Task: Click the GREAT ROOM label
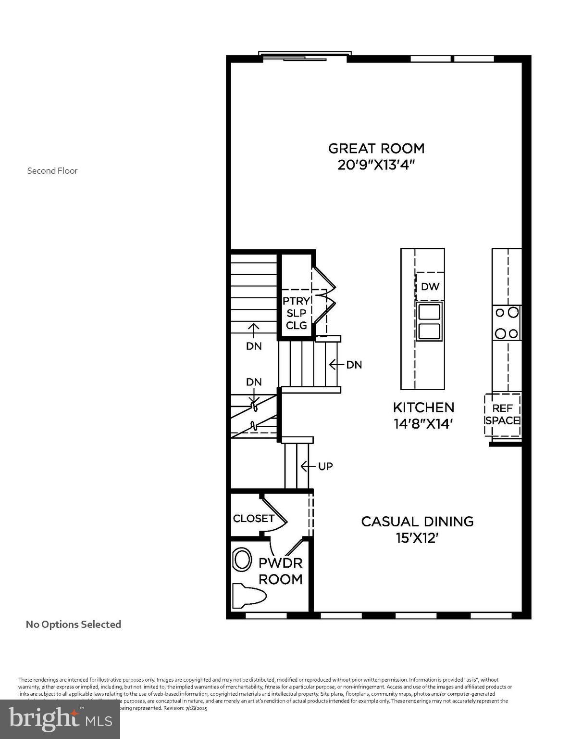point(376,148)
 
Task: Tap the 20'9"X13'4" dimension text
point(376,165)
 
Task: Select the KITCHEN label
point(423,408)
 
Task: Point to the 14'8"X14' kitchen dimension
point(423,424)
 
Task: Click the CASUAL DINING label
point(417,522)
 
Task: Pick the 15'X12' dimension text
point(417,538)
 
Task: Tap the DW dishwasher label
point(430,287)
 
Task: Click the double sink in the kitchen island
point(429,322)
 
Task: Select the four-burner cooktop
point(507,322)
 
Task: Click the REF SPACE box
point(503,415)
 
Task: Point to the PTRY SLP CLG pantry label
point(296,313)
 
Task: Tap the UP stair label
point(325,466)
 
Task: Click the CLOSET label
point(253,518)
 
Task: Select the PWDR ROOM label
point(281,571)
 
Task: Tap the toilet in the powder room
point(248,596)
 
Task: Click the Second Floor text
point(52,171)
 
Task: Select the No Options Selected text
point(73,624)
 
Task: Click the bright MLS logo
point(60,719)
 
